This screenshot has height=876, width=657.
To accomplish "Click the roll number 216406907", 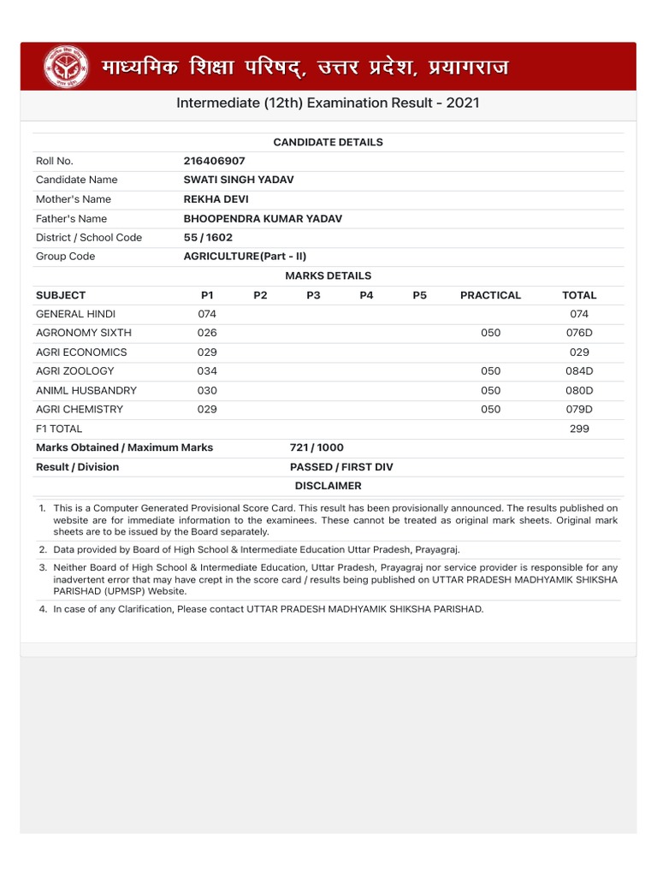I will (214, 161).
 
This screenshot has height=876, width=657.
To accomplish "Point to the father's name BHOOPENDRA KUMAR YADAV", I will (263, 219).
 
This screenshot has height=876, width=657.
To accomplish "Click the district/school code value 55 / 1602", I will (208, 238).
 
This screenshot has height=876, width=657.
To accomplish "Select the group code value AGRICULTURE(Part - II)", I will (245, 257).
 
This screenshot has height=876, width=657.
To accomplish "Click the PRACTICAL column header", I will (490, 295).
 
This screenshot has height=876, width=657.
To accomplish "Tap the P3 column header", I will (313, 295).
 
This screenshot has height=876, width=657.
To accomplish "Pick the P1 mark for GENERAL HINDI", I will (207, 314).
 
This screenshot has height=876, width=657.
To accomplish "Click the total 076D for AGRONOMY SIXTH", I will (579, 333).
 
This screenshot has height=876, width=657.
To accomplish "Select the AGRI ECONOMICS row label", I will (81, 352).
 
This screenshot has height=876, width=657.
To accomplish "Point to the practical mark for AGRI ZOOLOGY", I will (490, 371).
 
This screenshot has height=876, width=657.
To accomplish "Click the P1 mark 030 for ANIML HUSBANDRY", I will (207, 390).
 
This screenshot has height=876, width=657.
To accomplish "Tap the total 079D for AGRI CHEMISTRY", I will (579, 410).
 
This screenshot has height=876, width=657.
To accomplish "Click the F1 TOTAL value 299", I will (579, 429).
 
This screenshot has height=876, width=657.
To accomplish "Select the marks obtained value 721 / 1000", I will (317, 447).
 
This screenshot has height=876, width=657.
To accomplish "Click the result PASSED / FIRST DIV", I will (341, 467).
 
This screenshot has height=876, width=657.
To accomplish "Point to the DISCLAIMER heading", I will (328, 486).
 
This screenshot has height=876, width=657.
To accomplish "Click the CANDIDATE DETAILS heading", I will (328, 142).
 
